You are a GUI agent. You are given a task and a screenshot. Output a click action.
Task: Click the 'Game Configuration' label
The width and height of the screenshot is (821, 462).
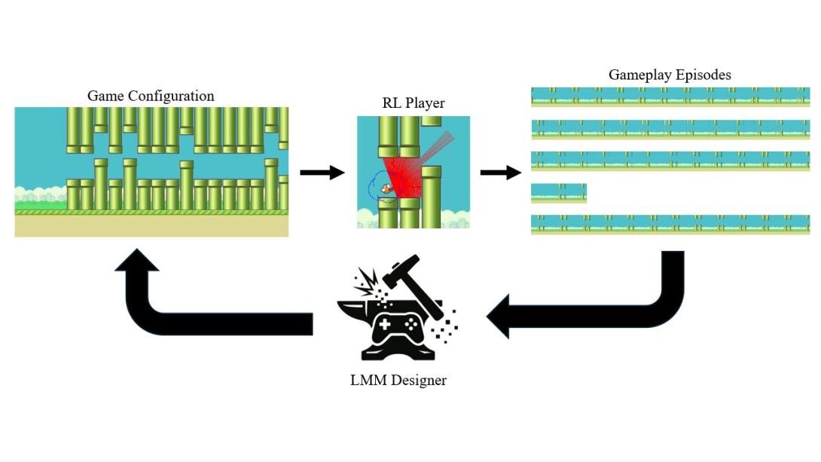point(151,96)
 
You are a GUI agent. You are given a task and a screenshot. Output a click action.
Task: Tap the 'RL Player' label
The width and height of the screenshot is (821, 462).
point(413,102)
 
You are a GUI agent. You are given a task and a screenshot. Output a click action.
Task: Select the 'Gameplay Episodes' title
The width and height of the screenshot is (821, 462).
point(670,75)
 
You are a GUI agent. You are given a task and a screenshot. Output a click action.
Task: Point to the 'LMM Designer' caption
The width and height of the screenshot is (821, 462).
point(398,381)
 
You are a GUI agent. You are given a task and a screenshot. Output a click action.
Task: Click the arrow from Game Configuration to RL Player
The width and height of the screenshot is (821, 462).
point(322,173)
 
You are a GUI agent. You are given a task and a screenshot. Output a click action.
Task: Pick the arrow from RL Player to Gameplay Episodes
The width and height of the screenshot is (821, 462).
point(501,173)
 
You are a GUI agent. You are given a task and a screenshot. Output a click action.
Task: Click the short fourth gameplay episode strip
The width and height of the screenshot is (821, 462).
point(558,193)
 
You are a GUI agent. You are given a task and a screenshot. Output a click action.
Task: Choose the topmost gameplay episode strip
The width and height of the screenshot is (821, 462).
point(670,97)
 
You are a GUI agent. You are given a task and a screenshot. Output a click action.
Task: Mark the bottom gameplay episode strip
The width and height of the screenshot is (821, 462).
point(670,225)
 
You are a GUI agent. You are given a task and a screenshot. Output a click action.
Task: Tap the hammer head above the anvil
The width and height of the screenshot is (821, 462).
point(401,271)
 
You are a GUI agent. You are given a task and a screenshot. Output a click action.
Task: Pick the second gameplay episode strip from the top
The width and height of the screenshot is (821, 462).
point(670,130)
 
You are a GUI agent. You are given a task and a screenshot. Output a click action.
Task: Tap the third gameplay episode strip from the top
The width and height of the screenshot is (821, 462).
point(670,161)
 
